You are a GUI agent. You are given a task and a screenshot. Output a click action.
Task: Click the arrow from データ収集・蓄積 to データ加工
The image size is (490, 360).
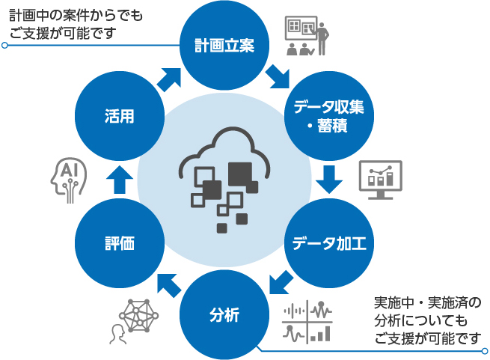[328, 179]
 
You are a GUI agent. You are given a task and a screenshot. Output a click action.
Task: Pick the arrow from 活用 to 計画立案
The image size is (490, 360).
[168, 76]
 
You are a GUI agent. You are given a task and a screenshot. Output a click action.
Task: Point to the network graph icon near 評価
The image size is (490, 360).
[138, 315]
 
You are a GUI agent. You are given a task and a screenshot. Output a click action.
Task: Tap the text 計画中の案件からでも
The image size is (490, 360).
[75, 16]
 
